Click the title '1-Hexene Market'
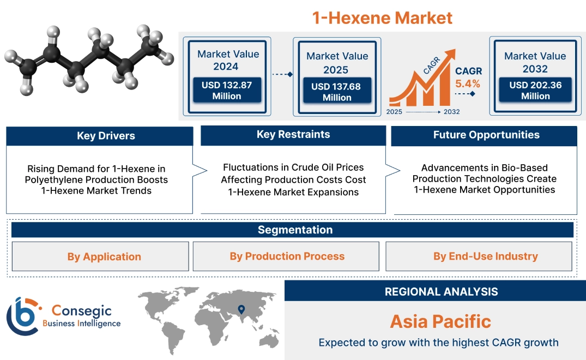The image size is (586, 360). [x=382, y=18]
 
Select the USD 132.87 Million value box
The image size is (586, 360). [x=226, y=91]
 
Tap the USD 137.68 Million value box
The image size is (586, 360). [x=337, y=92]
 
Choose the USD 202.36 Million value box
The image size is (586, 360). [x=535, y=91]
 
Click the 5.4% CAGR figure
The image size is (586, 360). [x=468, y=83]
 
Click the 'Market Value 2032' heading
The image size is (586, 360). [x=535, y=62]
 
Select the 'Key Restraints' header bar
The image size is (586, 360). [x=293, y=135]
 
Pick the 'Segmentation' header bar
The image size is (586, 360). [x=295, y=230]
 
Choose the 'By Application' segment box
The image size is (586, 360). [x=104, y=256]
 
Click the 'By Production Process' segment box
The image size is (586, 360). [x=287, y=256]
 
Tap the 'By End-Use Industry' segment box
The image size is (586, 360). [x=485, y=256]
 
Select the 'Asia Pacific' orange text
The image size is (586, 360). [x=440, y=321]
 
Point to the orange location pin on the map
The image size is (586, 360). [x=240, y=310]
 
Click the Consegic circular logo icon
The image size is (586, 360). [x=23, y=316]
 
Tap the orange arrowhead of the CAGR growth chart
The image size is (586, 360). [x=450, y=55]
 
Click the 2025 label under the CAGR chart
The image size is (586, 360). [x=395, y=111]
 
